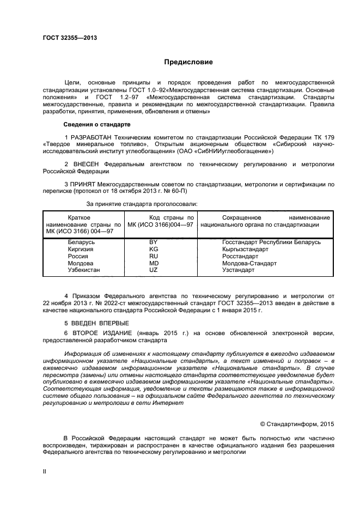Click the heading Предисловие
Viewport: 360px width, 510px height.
(x=189, y=62)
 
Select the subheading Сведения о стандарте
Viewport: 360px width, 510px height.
(x=97, y=125)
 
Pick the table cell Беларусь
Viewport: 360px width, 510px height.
(x=82, y=241)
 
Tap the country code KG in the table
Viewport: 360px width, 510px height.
(x=154, y=248)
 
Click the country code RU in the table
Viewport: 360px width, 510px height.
(x=154, y=256)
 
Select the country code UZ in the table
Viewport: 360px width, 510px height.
(x=154, y=270)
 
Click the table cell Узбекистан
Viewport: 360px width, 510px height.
(x=84, y=270)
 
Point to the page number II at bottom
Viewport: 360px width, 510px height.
(x=45, y=471)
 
